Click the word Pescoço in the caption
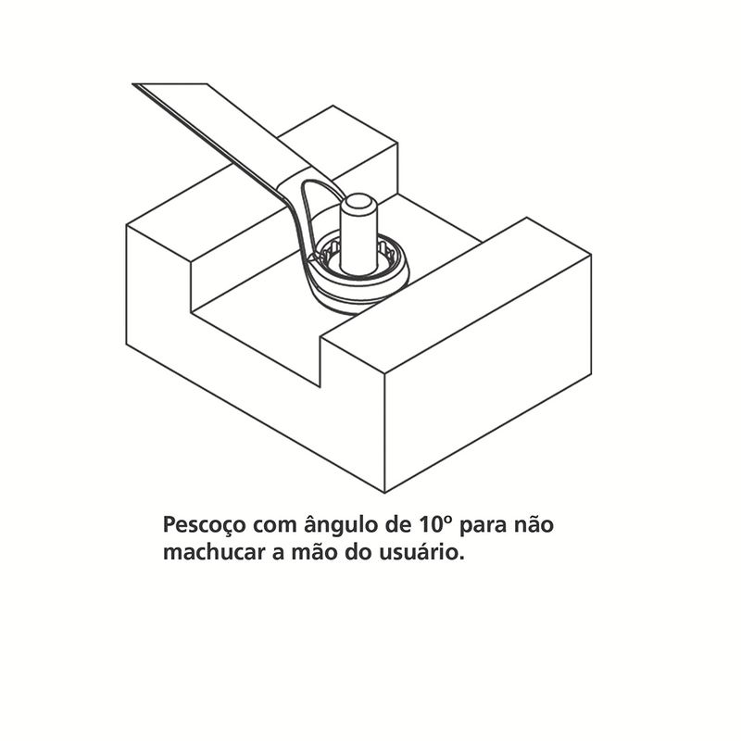pyautogui.click(x=204, y=525)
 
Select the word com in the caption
pyautogui.click(x=274, y=525)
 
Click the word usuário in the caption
pyautogui.click(x=422, y=551)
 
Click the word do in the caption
pyautogui.click(x=358, y=551)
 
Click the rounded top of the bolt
pyautogui.click(x=358, y=203)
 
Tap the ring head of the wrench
pyautogui.click(x=358, y=278)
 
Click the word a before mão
pyautogui.click(x=278, y=554)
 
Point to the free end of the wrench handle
pyautogui.click(x=170, y=84)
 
